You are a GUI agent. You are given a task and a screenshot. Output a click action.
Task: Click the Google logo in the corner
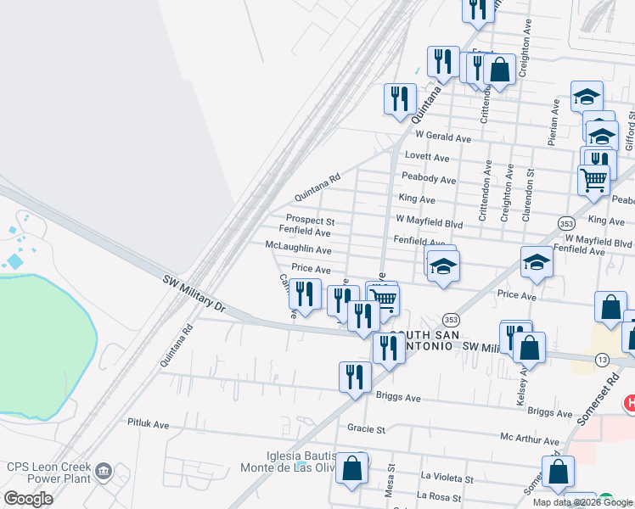pos(28,499)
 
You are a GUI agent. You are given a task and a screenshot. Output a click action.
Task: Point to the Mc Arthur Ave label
pos(530,441)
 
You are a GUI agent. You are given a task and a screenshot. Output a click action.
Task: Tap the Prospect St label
pos(310,221)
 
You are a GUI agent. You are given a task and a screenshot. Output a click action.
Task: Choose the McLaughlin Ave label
pos(298,249)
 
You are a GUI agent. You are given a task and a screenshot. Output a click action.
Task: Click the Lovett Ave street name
pos(427,157)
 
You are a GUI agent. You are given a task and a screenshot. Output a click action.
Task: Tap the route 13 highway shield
pos(601,361)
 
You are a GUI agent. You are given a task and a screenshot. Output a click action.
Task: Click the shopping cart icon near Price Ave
pos(384,299)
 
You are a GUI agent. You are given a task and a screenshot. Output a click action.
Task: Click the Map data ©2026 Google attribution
pos(582,502)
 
